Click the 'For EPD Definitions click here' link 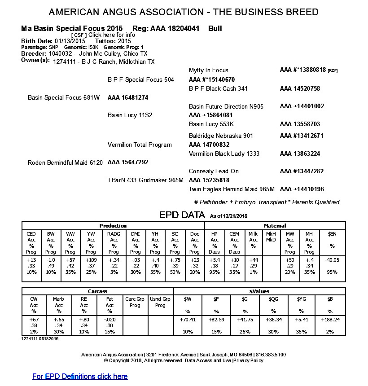coord(80,376)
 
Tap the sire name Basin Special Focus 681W coord(64,97)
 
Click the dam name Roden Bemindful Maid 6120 coord(66,162)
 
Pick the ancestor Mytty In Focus coord(209,70)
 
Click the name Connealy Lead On coord(214,171)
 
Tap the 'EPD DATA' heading coord(182,215)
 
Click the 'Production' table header coord(113,226)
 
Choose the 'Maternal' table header coord(275,226)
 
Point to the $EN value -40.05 coord(332,260)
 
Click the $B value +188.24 coord(330,319)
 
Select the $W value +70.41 coord(188,319)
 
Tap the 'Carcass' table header coord(98,291)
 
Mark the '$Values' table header coord(259,291)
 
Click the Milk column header coord(253,234)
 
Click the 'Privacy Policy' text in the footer coord(249,360)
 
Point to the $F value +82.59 coord(216,319)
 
